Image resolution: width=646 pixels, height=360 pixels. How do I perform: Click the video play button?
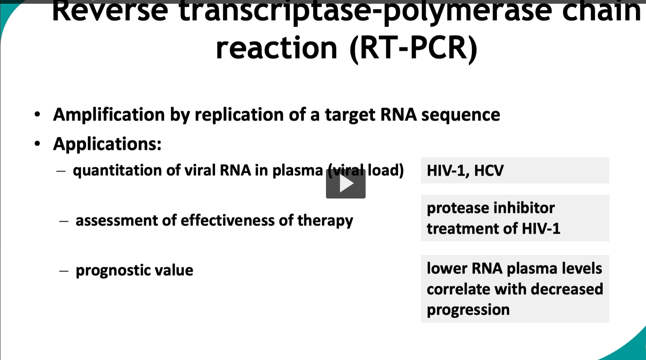click(345, 184)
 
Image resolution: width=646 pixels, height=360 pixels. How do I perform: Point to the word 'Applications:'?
click(107, 144)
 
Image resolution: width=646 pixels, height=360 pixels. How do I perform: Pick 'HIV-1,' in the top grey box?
click(447, 171)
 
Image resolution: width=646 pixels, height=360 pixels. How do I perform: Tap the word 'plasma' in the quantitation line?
click(297, 170)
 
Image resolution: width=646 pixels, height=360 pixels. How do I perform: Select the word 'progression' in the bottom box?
click(468, 310)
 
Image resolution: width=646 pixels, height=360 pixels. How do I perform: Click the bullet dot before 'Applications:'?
click(37, 144)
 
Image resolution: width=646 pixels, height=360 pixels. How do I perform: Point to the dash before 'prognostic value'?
click(64, 271)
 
